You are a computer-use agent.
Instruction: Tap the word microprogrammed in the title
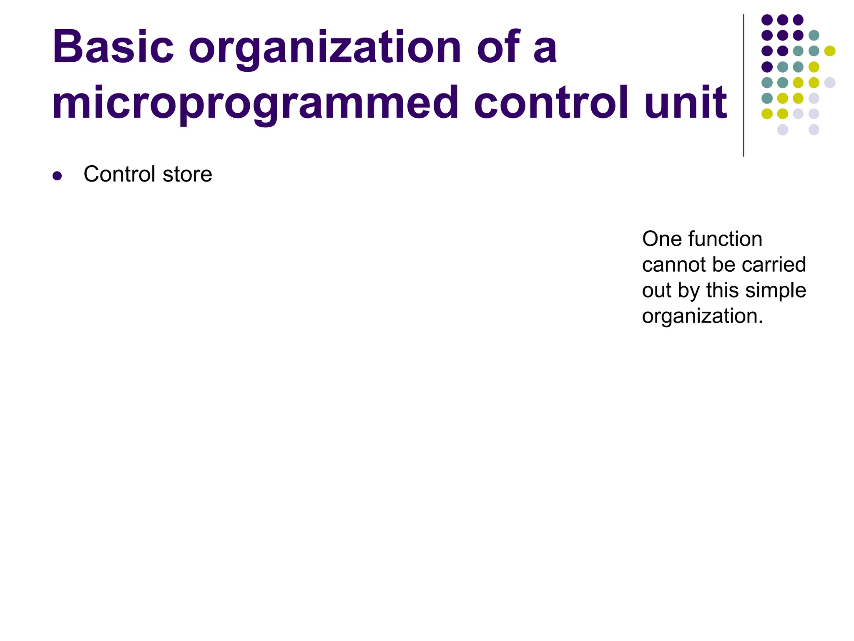tap(255, 103)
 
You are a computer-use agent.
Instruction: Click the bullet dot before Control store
tap(57, 176)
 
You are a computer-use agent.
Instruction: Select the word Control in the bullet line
tap(119, 174)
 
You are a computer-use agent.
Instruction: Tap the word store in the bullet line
tap(187, 174)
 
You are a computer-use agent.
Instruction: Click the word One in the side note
tap(661, 239)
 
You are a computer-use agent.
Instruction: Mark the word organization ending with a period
tap(702, 316)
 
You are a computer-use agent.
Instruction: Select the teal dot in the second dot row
tap(814, 35)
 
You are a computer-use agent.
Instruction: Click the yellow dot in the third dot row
tap(829, 51)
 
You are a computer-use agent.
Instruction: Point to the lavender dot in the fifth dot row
tap(829, 83)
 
